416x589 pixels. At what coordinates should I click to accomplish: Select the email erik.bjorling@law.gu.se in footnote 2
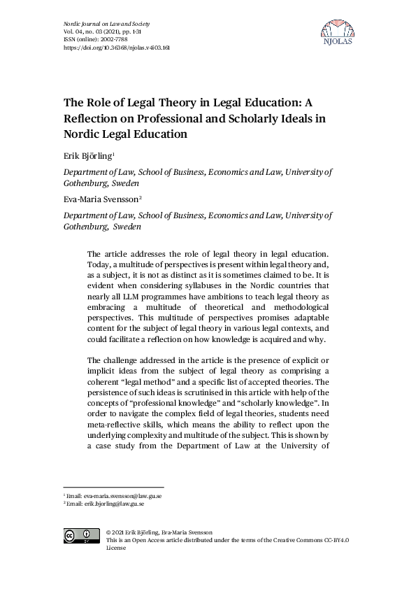[115, 504]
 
